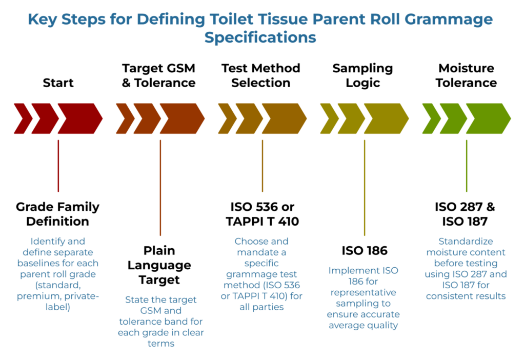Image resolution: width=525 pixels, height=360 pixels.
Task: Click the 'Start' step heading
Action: [x=58, y=83]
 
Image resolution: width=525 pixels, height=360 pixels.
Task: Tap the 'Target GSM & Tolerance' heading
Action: [x=158, y=75]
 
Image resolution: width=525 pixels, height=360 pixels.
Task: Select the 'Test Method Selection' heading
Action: [x=260, y=75]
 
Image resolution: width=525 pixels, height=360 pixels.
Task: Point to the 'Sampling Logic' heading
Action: [x=362, y=75]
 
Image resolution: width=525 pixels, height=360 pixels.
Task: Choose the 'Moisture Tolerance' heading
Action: [x=466, y=75]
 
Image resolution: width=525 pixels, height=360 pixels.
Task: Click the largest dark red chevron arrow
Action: [x=79, y=119]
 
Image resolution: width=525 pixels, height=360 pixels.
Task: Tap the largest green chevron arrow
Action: [x=488, y=119]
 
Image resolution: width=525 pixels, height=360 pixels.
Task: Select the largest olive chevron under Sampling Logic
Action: [x=386, y=119]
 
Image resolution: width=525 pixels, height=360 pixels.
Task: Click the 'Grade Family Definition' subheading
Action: [x=57, y=214]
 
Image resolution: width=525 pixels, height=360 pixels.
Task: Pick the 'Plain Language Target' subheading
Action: [x=159, y=265]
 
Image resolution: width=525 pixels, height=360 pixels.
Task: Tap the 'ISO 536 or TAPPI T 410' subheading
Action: [x=262, y=214]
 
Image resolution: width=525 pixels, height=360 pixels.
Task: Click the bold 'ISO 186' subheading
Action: [x=364, y=251]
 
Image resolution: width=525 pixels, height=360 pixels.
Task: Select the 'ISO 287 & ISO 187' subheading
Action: [x=466, y=214]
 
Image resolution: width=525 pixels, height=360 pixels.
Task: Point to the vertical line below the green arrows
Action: [x=466, y=165]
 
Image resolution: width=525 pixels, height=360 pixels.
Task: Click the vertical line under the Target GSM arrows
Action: [x=160, y=187]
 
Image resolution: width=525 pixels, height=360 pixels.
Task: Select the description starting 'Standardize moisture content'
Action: [x=466, y=268]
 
